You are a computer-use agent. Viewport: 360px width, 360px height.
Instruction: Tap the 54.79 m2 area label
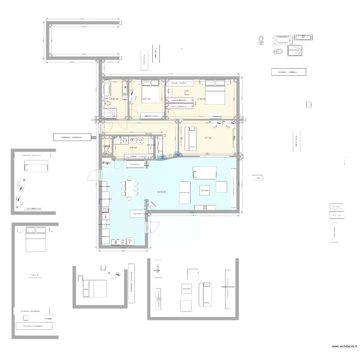click(x=161, y=192)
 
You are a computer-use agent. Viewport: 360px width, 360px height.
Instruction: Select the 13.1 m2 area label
click(x=207, y=137)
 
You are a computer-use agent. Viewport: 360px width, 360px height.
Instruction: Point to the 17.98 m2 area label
click(x=201, y=99)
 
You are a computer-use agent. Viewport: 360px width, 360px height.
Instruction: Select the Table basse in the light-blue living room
click(x=205, y=191)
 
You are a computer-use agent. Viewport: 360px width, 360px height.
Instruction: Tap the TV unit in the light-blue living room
click(x=205, y=207)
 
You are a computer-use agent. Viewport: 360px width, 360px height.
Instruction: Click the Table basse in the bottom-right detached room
click(x=186, y=288)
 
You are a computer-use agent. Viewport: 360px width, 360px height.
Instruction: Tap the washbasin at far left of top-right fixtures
click(x=261, y=40)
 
